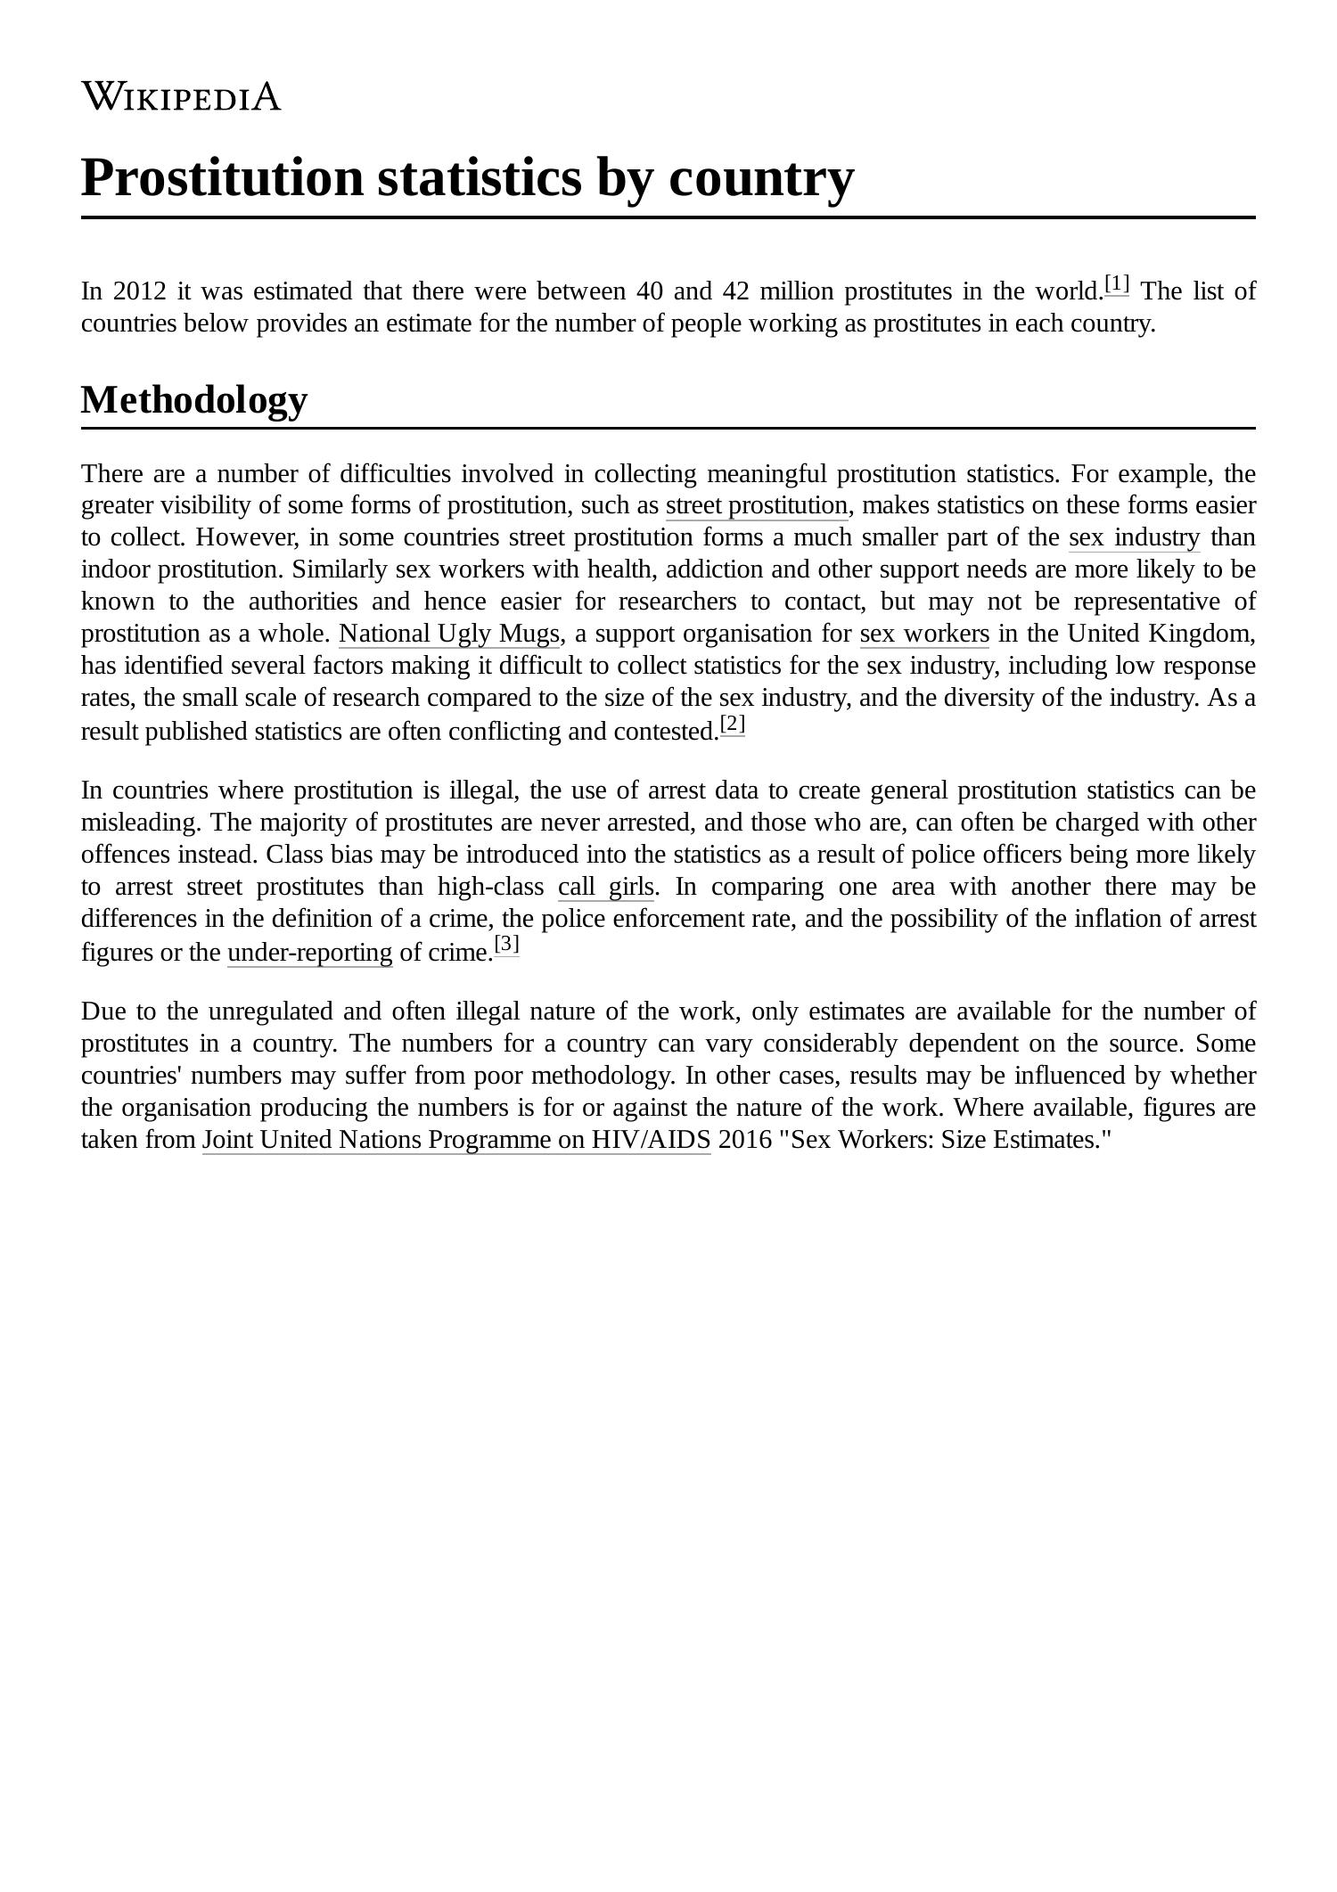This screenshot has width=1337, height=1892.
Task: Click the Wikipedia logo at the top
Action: [x=181, y=96]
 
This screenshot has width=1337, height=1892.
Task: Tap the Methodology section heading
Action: [x=194, y=399]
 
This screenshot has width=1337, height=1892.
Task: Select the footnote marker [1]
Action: [x=1116, y=284]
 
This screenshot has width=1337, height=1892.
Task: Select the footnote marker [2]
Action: [x=732, y=724]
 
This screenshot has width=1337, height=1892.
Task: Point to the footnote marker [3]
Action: [x=506, y=945]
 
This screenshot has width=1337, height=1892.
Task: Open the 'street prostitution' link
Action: [x=757, y=506]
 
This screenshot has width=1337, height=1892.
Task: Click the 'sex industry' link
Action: [x=1134, y=538]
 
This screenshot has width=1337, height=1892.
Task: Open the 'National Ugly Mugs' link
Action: [x=449, y=635]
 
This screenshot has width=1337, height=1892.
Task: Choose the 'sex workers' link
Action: [x=924, y=635]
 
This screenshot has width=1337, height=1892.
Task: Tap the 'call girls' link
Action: [x=606, y=888]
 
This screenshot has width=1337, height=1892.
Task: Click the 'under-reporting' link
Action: [x=309, y=954]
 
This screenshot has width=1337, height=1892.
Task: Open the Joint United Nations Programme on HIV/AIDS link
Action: [x=456, y=1141]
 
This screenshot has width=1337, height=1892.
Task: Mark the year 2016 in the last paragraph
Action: [x=744, y=1141]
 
